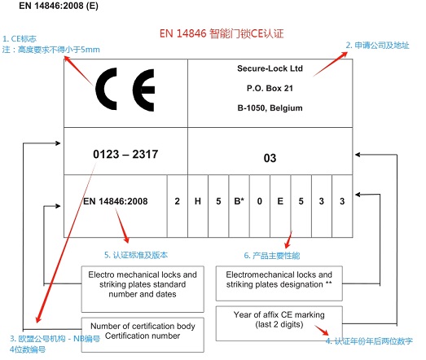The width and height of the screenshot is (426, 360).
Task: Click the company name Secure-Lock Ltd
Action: tap(270, 68)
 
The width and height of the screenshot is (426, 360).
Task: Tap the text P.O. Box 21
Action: tap(270, 88)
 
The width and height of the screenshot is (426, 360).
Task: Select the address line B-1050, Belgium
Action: tap(270, 108)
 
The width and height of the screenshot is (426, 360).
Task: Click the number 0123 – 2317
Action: tap(125, 154)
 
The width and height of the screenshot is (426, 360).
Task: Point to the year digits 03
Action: tap(270, 158)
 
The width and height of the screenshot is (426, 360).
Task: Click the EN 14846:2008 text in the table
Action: tap(116, 201)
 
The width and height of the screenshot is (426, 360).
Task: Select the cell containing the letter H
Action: tap(198, 206)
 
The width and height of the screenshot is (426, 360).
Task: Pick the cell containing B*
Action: tap(239, 206)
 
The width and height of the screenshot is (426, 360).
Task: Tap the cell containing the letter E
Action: tap(280, 206)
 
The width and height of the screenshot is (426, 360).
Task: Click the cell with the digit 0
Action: tap(260, 206)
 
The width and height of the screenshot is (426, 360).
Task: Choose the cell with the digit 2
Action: tap(177, 206)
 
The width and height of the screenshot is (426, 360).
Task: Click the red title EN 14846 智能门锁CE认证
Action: tap(222, 33)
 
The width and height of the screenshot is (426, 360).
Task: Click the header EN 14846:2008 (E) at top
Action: tap(59, 6)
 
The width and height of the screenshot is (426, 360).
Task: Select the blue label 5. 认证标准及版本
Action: tap(136, 255)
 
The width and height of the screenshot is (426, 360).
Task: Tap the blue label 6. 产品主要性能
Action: tap(272, 256)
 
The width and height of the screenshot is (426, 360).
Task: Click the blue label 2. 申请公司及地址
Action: tap(378, 46)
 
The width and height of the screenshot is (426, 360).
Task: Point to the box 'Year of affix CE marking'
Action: tap(279, 323)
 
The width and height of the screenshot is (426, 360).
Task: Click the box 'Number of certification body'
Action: tap(143, 335)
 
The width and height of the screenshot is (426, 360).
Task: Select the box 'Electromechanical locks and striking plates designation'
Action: tap(279, 283)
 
